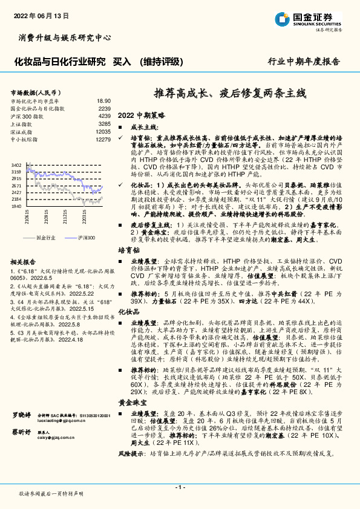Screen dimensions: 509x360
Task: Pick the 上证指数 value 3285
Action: [105, 123]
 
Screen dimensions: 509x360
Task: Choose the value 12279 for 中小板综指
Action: [103, 139]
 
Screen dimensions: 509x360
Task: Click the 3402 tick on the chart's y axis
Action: [16, 164]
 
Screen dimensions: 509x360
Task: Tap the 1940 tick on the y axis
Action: [16, 206]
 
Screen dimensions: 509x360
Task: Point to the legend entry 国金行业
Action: [46, 238]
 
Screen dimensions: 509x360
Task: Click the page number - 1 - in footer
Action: [180, 487]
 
